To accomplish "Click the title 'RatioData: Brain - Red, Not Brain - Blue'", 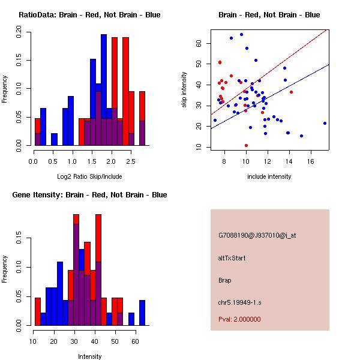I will point(89,15).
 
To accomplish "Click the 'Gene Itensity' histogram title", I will point(89,195).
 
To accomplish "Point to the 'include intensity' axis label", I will point(269,176).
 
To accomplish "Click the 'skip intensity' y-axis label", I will point(184,89).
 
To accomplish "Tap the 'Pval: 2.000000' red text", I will point(239,319).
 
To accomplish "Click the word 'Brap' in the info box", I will point(225,280).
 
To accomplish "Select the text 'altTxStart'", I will point(232,258).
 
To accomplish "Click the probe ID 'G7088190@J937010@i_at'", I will point(257,235).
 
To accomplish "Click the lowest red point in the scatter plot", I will point(246,145).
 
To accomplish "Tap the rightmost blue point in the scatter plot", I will point(325,123).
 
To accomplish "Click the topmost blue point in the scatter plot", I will point(241,34).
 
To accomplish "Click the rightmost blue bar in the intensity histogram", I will point(142,313).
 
